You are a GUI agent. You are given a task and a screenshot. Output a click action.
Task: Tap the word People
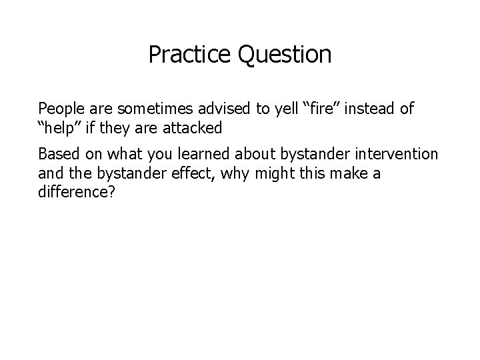[x=59, y=108]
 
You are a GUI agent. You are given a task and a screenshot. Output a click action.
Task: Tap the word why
[x=224, y=173]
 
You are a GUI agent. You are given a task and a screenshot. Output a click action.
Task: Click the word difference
[x=70, y=191]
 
